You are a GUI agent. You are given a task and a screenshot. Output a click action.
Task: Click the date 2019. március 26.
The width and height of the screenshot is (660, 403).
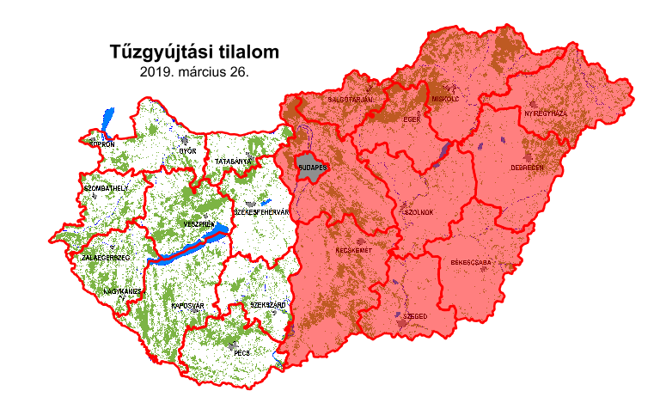point(194,73)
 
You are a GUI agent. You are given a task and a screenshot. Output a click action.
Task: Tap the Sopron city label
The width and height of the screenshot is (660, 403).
point(101,145)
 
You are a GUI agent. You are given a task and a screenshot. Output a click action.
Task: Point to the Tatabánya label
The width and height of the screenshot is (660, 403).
point(233,161)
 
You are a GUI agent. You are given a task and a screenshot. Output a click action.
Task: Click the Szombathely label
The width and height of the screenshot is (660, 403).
point(106,187)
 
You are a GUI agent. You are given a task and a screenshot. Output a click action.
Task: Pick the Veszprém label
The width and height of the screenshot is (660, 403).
point(199,223)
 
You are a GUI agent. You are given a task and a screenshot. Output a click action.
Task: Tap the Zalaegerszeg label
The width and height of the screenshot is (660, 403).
point(105,257)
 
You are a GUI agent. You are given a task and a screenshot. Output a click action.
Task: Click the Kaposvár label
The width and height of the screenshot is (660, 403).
point(186,305)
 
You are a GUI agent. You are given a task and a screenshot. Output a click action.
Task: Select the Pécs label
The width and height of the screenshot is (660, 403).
point(241,351)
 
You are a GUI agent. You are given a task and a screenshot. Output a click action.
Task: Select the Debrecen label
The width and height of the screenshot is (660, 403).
point(527,168)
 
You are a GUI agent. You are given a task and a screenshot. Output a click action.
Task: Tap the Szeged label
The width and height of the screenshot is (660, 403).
point(415,316)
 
